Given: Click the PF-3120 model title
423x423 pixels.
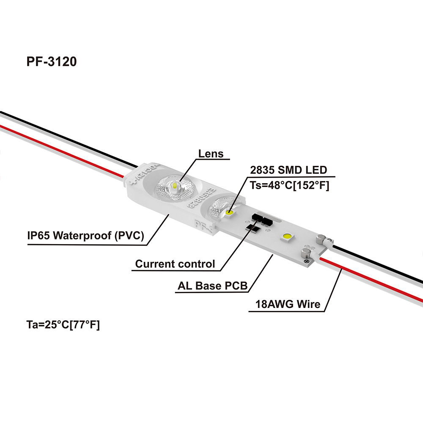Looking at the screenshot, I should pyautogui.click(x=52, y=62).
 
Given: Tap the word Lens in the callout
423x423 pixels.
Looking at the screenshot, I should pyautogui.click(x=211, y=153).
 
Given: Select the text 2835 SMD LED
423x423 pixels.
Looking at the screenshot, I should pyautogui.click(x=288, y=170).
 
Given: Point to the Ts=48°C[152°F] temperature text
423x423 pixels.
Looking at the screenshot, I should pyautogui.click(x=290, y=185).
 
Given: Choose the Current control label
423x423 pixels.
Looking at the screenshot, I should pyautogui.click(x=175, y=264).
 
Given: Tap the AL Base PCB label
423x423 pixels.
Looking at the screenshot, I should pyautogui.click(x=212, y=286).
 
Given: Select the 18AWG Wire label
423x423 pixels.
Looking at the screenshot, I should pyautogui.click(x=288, y=304).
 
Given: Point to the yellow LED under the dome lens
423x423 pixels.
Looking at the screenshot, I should pyautogui.click(x=174, y=186).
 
